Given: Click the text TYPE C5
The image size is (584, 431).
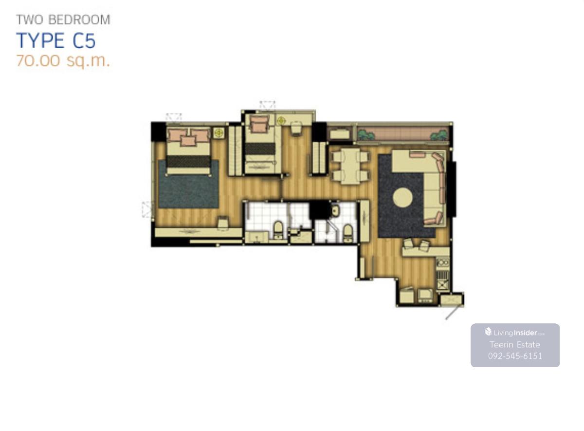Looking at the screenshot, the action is click(x=56, y=41).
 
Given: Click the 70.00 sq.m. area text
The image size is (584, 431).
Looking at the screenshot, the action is click(x=63, y=61).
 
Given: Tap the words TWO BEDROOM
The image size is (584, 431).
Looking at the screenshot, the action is click(x=63, y=20).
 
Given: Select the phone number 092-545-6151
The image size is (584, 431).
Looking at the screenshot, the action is click(x=515, y=356).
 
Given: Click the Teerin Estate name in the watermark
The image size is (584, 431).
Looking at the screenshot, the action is click(x=515, y=345).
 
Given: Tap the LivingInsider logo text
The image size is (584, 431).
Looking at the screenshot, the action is click(x=515, y=333).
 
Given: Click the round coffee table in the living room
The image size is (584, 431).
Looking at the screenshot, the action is click(x=403, y=198).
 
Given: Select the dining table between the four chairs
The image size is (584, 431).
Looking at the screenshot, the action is click(x=351, y=166).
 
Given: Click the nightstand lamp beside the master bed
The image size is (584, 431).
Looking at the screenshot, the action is click(x=219, y=132).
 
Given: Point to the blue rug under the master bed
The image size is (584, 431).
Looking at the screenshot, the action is click(x=188, y=184).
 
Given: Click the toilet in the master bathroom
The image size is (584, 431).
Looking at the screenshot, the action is click(x=278, y=229).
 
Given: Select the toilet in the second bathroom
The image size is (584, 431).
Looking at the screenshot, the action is click(x=347, y=232).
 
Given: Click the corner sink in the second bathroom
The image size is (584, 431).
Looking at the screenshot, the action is click(x=335, y=211).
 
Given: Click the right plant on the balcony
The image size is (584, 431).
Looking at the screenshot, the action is click(x=439, y=135).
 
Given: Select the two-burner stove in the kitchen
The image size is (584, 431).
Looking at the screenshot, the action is click(x=443, y=262).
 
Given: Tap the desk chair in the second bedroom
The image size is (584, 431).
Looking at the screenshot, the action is click(x=296, y=129).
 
